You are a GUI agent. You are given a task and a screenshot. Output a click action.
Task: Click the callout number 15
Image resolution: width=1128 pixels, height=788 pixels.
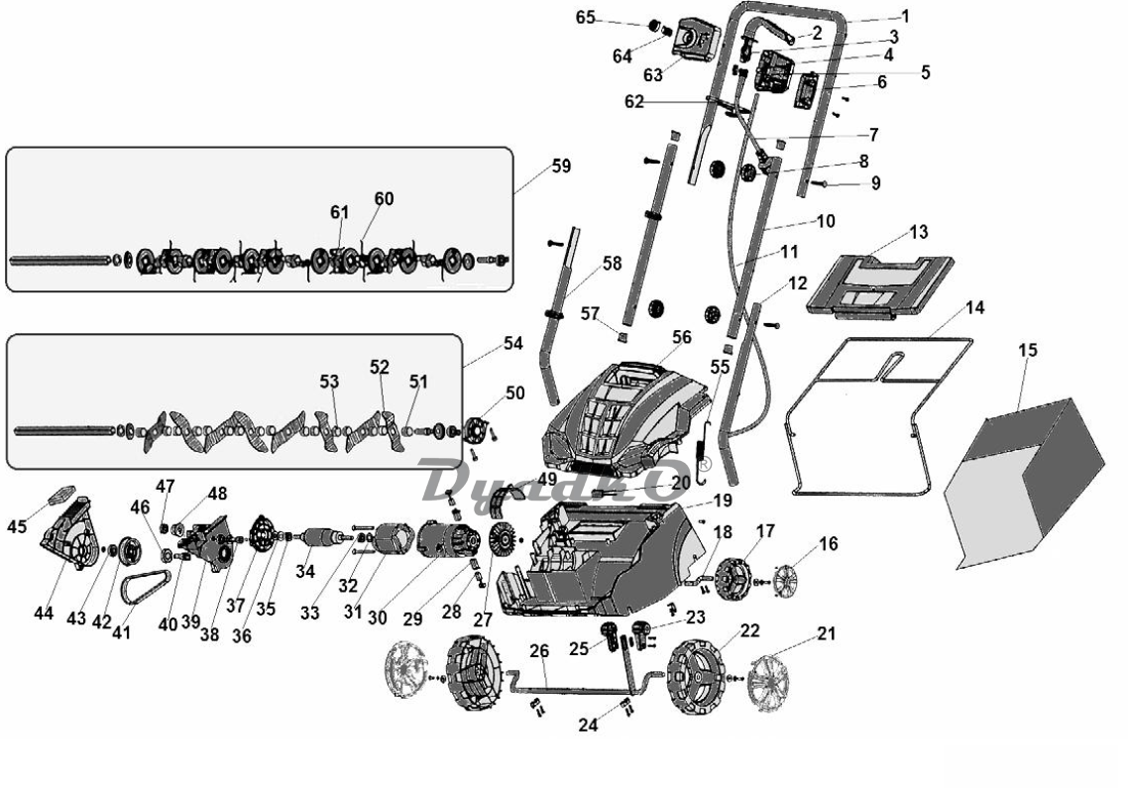pos(1028,351)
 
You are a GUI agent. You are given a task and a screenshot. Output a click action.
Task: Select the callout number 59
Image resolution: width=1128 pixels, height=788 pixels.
pos(561,166)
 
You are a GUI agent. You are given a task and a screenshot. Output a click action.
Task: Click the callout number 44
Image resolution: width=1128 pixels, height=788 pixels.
pos(44,614)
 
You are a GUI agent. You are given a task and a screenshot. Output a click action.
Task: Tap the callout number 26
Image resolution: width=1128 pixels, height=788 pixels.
pos(539,651)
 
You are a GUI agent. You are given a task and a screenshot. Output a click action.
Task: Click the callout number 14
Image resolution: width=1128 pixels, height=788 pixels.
pos(974,308)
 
